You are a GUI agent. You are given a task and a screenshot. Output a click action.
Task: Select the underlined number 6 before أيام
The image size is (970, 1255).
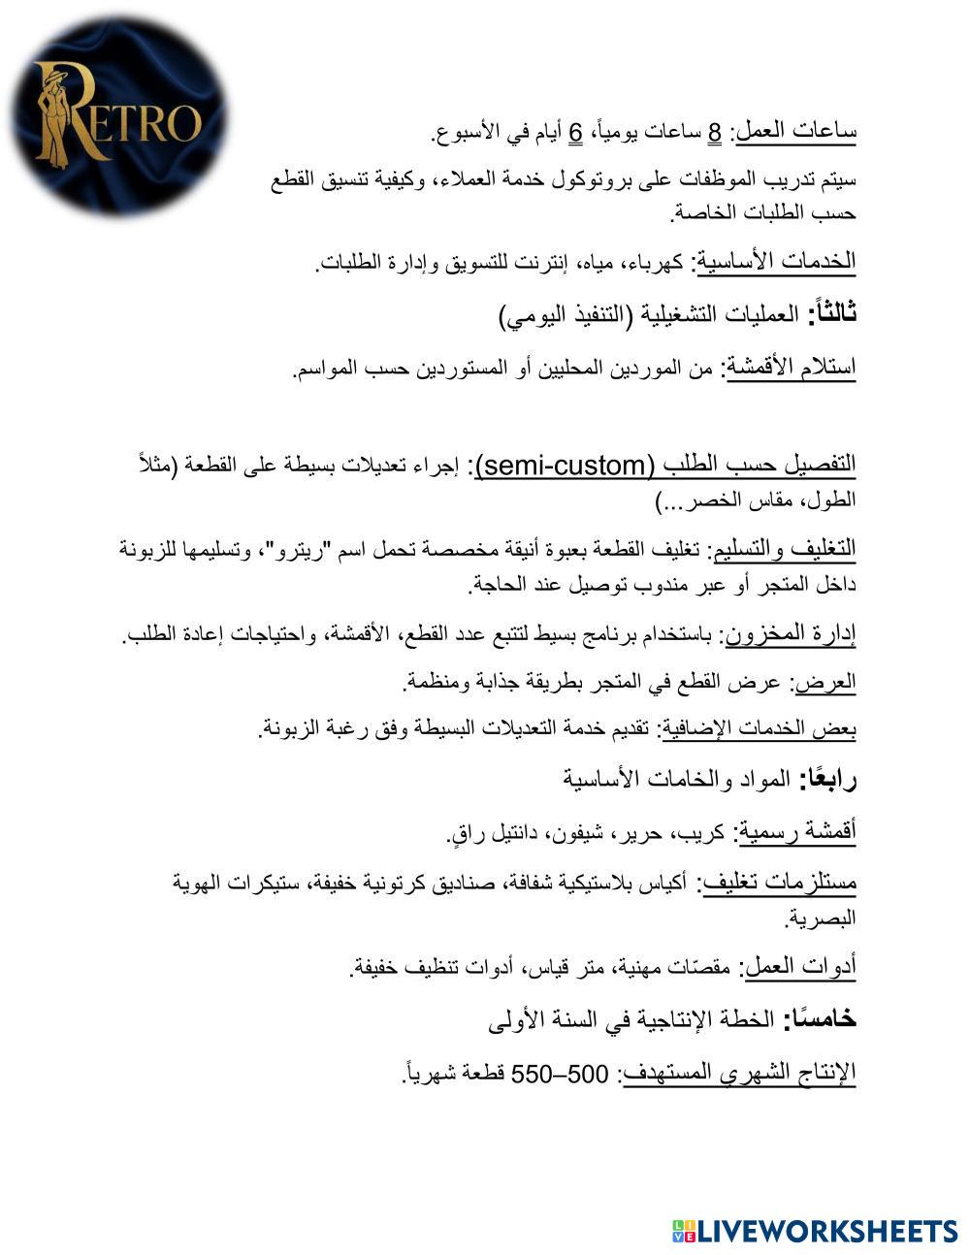point(575,131)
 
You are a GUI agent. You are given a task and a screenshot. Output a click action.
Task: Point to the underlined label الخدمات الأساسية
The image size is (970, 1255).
point(776,261)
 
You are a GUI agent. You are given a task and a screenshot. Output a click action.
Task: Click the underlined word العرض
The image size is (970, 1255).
point(825,682)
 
